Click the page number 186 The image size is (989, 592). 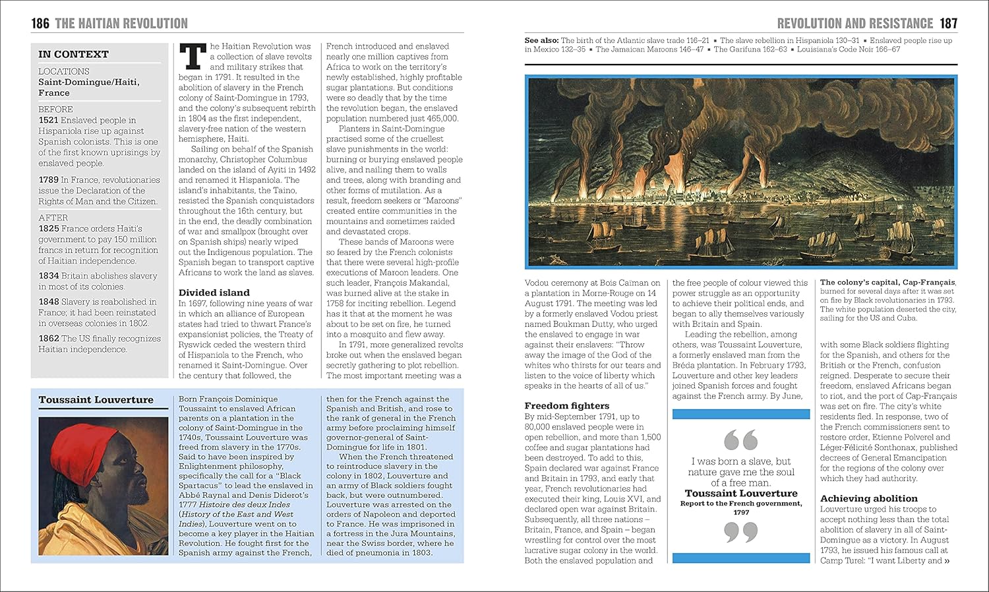click(40, 24)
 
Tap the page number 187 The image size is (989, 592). click(948, 24)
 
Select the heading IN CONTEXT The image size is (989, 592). click(73, 54)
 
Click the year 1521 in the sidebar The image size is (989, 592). click(48, 120)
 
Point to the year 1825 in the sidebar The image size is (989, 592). click(48, 228)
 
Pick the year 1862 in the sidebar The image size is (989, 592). click(48, 339)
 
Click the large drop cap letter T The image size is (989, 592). click(193, 57)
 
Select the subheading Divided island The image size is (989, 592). click(214, 292)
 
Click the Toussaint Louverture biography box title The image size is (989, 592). click(96, 400)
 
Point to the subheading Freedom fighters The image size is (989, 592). click(566, 406)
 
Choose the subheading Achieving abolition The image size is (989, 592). click(868, 498)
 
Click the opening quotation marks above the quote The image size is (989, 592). click(740, 440)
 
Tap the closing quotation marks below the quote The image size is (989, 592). click(740, 531)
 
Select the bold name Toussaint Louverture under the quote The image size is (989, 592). click(740, 493)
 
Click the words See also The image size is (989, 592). click(541, 41)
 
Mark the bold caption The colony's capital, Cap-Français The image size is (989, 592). click(887, 282)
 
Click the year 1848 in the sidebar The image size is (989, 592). click(48, 302)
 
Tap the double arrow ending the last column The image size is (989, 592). click(947, 561)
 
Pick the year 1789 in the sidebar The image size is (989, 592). click(48, 180)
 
